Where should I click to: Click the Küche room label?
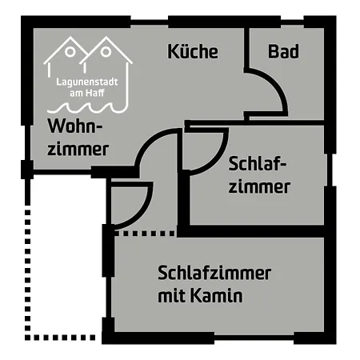(193, 51)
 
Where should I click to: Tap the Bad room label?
(283, 51)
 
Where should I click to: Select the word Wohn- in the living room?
(75, 126)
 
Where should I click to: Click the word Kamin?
(217, 295)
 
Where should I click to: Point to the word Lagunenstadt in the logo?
(87, 82)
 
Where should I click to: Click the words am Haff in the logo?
(87, 93)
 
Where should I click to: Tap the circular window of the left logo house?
(70, 52)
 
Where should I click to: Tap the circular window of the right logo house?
(106, 52)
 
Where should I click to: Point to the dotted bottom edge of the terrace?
(60, 338)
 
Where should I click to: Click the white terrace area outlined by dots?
(66, 256)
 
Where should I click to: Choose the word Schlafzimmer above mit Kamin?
(214, 273)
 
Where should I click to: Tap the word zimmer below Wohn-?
(78, 149)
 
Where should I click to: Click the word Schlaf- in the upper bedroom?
(258, 163)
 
